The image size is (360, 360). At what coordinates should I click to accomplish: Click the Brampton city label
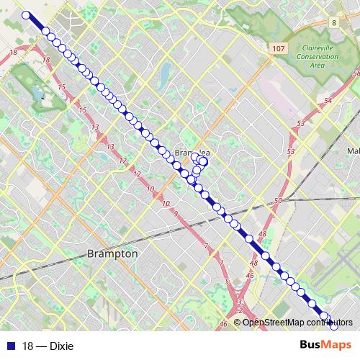coord(112,253)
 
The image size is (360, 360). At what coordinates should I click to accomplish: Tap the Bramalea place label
coord(192,153)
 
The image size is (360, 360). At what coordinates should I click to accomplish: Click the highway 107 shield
coord(279,48)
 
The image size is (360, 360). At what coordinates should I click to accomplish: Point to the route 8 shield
coord(334,23)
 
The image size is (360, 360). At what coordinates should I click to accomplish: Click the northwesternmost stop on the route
coord(27,15)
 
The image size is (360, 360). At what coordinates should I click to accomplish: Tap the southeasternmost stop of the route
coord(333,326)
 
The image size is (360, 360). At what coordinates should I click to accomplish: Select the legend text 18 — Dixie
coord(48,346)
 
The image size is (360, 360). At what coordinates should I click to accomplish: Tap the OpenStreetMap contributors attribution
coord(297,322)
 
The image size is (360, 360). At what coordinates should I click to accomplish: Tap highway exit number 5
coord(227,281)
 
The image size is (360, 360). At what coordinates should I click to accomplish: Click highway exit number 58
coord(356,73)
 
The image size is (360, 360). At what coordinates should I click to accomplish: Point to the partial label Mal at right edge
coord(353,151)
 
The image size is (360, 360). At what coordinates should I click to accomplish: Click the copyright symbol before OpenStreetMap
coord(238,322)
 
